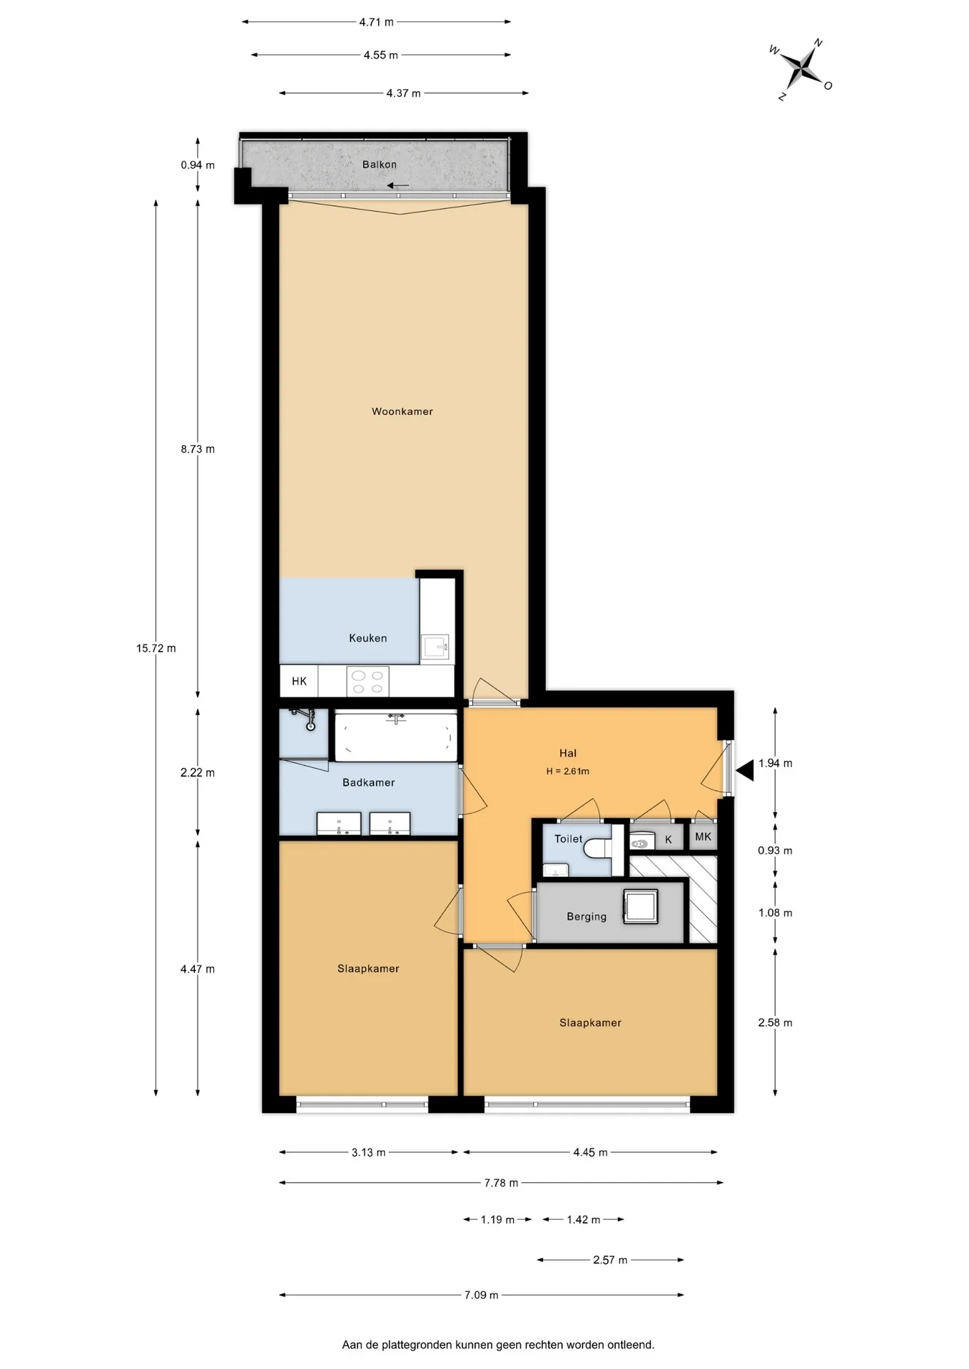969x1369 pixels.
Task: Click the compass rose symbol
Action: point(804,68)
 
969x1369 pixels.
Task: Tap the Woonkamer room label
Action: point(402,411)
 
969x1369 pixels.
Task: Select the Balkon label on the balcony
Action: point(380,164)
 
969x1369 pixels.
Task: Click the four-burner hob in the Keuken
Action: point(367,682)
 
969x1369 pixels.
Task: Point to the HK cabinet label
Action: point(299,682)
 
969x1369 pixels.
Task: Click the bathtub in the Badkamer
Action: point(396,736)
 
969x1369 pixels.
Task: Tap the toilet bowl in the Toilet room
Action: point(597,848)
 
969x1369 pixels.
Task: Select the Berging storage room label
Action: point(587,917)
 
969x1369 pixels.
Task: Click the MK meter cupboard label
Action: point(703,837)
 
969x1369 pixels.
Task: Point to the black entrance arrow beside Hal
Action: point(745,771)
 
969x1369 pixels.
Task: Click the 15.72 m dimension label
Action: point(156,648)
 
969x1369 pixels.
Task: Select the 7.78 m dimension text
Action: point(501,1183)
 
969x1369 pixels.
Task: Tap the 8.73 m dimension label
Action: point(198,449)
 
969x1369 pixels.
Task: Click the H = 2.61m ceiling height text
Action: point(568,771)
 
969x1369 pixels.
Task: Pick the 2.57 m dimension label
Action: point(610,1260)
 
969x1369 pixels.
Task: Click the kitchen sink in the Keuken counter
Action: point(435,647)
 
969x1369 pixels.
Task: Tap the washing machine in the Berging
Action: point(641,906)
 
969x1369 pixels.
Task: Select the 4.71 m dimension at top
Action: point(376,22)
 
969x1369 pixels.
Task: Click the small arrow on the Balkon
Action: point(398,186)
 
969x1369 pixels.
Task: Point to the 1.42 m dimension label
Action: point(584,1220)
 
